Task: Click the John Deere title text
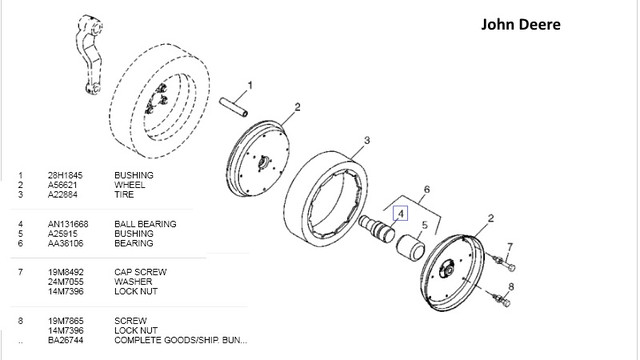pyautogui.click(x=520, y=24)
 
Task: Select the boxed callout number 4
pyautogui.click(x=400, y=213)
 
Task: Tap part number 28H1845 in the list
pyautogui.click(x=65, y=176)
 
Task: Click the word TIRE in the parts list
pyautogui.click(x=124, y=195)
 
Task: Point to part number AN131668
pyautogui.click(x=68, y=224)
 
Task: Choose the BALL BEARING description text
pyautogui.click(x=145, y=224)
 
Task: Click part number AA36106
pyautogui.click(x=65, y=244)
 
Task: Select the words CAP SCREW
pyautogui.click(x=140, y=272)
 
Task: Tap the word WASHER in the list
pyautogui.click(x=133, y=282)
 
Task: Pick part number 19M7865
pyautogui.click(x=66, y=321)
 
